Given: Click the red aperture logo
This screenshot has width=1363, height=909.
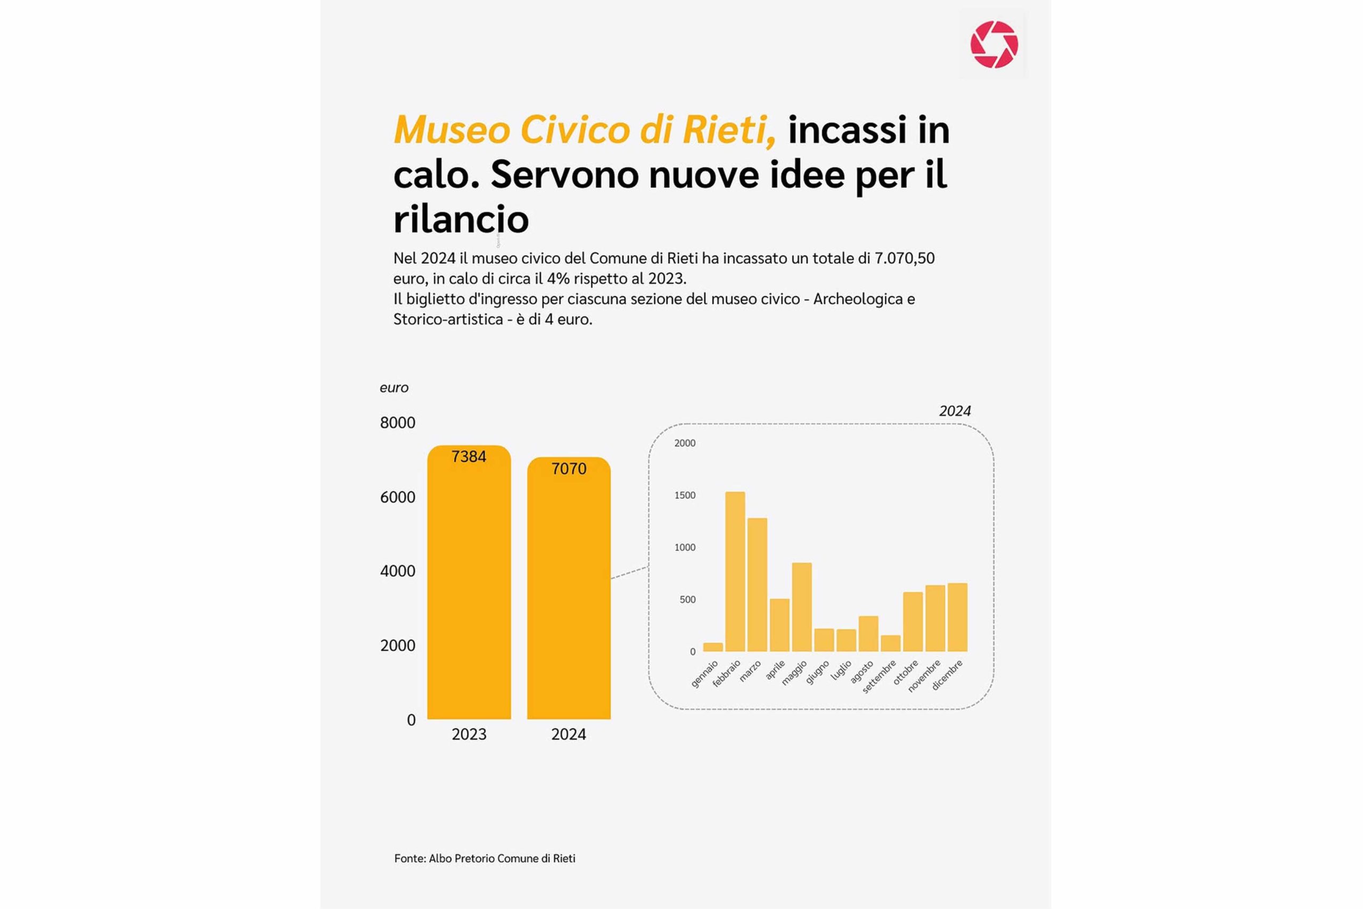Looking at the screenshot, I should [x=994, y=45].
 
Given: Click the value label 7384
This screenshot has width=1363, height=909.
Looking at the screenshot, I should [x=469, y=457].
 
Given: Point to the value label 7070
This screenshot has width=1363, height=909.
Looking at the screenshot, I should [x=569, y=469].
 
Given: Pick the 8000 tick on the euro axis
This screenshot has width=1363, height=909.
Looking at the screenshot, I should [x=398, y=423].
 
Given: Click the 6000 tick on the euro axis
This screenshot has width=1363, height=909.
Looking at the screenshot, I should [x=398, y=497].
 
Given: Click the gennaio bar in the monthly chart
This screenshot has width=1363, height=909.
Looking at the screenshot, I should [x=713, y=647].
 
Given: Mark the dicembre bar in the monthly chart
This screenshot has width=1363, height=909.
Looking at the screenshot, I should [x=957, y=617].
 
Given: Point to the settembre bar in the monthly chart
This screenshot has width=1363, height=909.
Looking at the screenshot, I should [x=890, y=643].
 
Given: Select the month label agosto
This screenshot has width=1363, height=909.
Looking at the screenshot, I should [x=862, y=673].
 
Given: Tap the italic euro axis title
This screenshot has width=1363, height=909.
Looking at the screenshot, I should [x=394, y=388].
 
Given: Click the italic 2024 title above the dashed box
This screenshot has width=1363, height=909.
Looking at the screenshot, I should [x=955, y=411].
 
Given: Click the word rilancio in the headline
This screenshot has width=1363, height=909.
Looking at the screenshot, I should [x=461, y=219].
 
